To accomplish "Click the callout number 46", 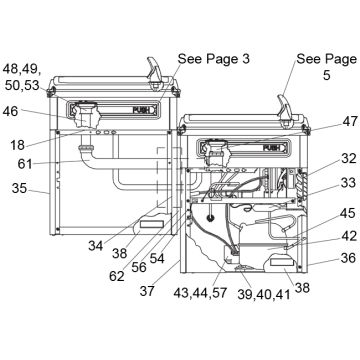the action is click(x=10, y=111).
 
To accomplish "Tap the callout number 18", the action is click(x=17, y=145).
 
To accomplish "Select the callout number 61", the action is click(x=25, y=164).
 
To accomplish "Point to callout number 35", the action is click(x=19, y=188).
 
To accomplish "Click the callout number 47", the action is click(x=349, y=121).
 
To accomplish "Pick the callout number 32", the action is click(x=349, y=159).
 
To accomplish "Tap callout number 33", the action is click(x=349, y=183).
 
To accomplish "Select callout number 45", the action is click(x=349, y=213).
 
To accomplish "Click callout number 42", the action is click(x=349, y=236).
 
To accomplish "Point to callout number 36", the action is click(x=349, y=258).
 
